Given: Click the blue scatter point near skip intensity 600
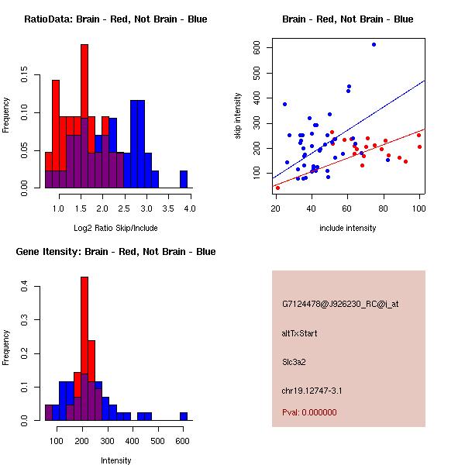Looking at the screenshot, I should point(374,45).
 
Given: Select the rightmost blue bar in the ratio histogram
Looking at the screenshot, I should point(184,179).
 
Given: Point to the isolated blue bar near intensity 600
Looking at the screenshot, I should point(184,416).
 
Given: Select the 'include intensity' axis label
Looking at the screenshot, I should point(347,228).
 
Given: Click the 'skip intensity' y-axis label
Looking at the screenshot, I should point(238,116).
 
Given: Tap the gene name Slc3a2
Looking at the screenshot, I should point(295,361).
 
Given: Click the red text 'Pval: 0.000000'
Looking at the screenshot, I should point(313,413).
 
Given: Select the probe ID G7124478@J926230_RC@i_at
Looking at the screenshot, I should point(340,305).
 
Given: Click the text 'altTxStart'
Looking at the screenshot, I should point(300,333).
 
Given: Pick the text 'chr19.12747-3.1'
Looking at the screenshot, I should point(312,390).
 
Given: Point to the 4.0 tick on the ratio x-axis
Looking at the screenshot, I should point(190,208).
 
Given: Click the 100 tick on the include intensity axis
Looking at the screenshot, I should point(419,207).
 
